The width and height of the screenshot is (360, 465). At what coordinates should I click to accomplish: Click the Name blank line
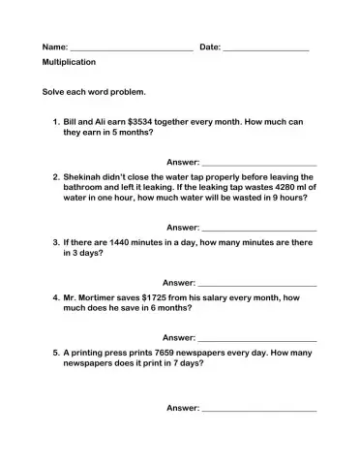[x=132, y=48]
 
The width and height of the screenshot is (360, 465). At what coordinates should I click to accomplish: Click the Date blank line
[x=265, y=48]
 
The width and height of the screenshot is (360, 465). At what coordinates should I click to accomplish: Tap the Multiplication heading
[x=69, y=62]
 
